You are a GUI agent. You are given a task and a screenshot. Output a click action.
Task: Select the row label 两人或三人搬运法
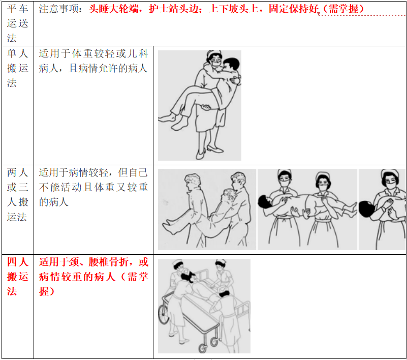pyautogui.click(x=17, y=194)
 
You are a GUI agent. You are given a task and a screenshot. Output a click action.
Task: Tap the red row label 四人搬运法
pyautogui.click(x=17, y=277)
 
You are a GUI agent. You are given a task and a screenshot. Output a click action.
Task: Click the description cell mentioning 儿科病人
pyautogui.click(x=93, y=61)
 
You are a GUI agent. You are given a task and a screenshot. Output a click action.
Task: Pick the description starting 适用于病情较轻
pyautogui.click(x=93, y=187)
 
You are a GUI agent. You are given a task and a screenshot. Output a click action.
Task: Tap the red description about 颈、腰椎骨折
pyautogui.click(x=93, y=277)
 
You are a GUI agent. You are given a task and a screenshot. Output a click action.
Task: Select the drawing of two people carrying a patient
pyautogui.click(x=207, y=209)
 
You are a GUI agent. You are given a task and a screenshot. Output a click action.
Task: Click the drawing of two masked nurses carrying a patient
pyautogui.click(x=307, y=209)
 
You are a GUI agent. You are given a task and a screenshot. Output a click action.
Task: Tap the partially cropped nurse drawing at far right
pyautogui.click(x=383, y=209)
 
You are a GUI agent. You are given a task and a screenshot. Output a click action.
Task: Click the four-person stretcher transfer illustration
pyautogui.click(x=204, y=306)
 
